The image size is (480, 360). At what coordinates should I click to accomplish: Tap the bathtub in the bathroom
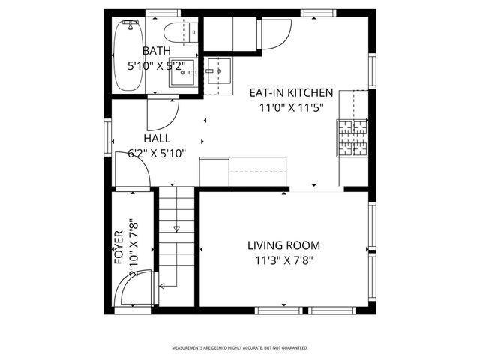point(127,56)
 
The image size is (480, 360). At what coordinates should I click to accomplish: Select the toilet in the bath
point(180,33)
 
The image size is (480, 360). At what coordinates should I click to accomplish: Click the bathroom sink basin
point(180,73)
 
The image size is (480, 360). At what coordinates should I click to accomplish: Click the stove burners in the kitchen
point(352,137)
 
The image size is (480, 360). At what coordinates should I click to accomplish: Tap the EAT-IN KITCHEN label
point(291,93)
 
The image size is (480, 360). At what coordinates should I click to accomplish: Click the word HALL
point(157,139)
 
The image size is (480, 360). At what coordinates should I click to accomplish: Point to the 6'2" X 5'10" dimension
point(157,153)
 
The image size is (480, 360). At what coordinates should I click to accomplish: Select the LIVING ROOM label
point(284,245)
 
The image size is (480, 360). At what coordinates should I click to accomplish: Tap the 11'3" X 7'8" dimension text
point(284,260)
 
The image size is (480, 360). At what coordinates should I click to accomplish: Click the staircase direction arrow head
point(177,229)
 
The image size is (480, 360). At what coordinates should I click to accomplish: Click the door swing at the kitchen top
point(275,34)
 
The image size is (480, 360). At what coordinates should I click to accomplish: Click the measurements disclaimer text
point(240,348)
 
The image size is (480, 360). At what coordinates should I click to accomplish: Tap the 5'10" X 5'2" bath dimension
point(157,65)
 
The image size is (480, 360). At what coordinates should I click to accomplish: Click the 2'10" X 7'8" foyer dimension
point(133,247)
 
